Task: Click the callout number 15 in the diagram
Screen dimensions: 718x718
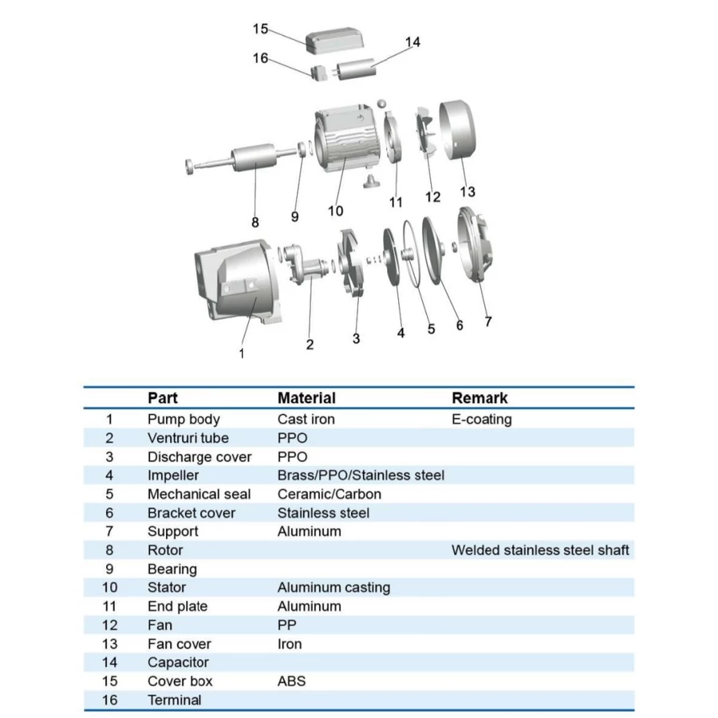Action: (x=261, y=29)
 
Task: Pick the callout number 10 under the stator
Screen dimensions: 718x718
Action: (x=335, y=211)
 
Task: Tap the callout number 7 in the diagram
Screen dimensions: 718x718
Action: (x=488, y=322)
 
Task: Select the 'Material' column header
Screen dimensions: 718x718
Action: (x=306, y=397)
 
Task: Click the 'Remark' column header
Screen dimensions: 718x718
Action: (x=479, y=397)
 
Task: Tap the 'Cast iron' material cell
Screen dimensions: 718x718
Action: (x=306, y=419)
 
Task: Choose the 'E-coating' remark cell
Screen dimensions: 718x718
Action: (x=482, y=419)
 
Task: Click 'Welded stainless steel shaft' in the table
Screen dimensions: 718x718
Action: (x=540, y=550)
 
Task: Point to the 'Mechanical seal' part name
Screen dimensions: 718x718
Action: (x=199, y=494)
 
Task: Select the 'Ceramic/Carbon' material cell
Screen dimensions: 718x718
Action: (x=329, y=494)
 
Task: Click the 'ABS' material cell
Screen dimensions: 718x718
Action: (x=291, y=681)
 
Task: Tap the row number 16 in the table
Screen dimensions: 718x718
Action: (x=110, y=700)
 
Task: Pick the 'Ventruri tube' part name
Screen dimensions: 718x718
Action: (x=187, y=438)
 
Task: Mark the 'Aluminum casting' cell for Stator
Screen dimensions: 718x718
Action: (x=333, y=587)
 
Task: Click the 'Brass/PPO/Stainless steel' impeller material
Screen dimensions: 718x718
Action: (x=361, y=475)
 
